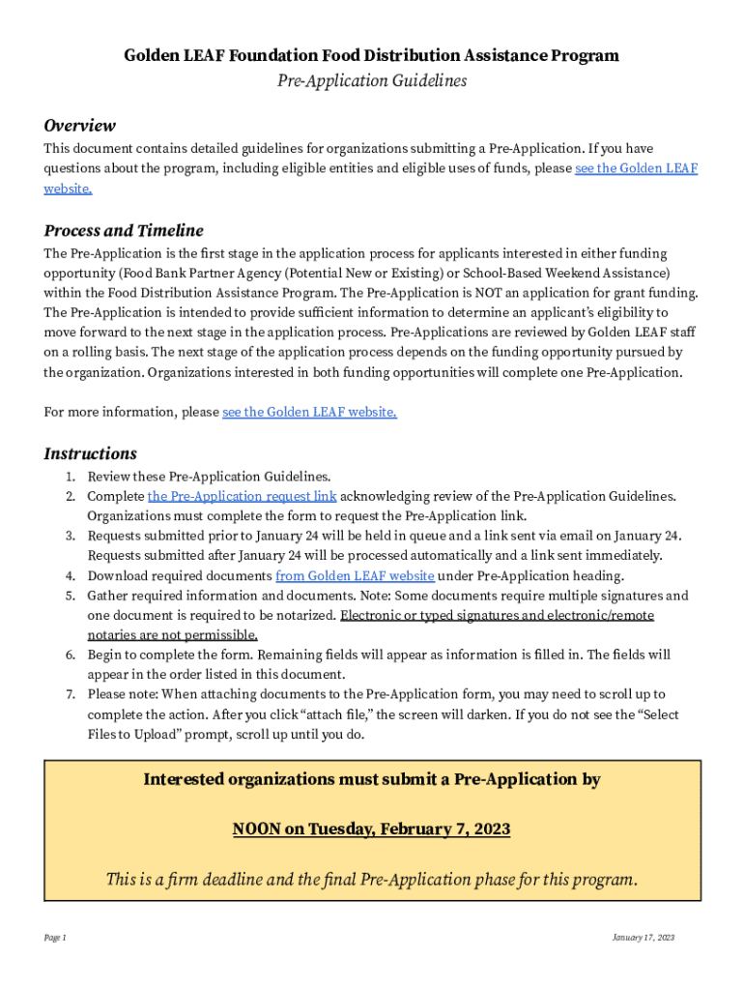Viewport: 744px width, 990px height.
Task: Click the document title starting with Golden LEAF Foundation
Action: pos(371,56)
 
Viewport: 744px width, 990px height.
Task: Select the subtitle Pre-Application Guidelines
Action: pos(371,81)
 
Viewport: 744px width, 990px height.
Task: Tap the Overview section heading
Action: pos(80,126)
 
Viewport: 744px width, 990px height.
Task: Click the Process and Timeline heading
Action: pos(124,231)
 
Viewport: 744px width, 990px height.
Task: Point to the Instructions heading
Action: pos(91,453)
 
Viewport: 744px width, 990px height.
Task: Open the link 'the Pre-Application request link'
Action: pos(242,496)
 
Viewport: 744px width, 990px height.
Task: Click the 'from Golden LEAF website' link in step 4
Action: pos(355,575)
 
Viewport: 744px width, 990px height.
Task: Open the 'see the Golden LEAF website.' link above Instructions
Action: pos(309,412)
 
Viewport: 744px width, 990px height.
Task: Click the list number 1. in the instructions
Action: pos(70,477)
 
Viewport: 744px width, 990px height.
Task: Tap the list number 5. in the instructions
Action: pos(70,596)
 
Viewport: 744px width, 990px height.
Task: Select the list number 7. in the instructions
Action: pos(70,694)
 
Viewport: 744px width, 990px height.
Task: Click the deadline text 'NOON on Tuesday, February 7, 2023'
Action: pos(371,830)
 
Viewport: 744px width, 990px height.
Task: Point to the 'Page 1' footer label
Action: pos(55,938)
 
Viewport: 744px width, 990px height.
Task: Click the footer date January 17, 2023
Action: pos(643,938)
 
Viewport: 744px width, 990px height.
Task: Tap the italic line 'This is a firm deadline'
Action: pos(371,880)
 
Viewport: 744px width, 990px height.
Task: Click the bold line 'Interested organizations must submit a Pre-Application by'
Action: pos(371,779)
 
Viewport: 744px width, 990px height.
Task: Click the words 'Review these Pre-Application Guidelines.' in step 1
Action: pos(209,477)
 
